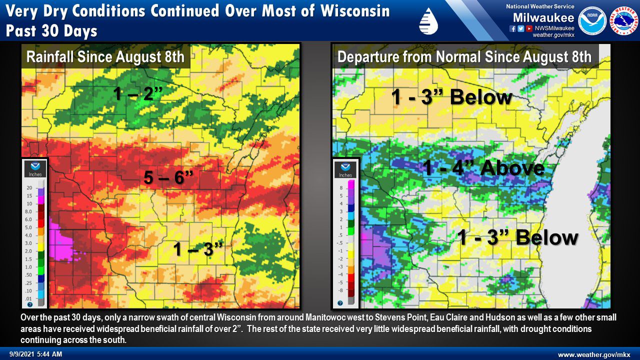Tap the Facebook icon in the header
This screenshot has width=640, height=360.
512,28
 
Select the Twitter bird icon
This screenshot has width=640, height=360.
520,28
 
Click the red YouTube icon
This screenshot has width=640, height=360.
528,28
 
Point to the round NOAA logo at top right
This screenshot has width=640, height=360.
592,20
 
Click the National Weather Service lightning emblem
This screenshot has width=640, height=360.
623,20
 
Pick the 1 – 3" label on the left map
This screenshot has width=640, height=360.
197,248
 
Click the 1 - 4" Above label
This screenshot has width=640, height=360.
483,167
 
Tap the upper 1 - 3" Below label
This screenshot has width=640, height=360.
451,97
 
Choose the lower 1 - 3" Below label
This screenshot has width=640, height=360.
518,237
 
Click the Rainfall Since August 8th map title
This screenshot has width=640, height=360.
105,56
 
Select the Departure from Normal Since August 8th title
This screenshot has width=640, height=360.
464,56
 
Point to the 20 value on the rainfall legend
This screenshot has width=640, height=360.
29,187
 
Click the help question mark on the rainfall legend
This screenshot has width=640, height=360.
29,304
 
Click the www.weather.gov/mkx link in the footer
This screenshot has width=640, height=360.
594,354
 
